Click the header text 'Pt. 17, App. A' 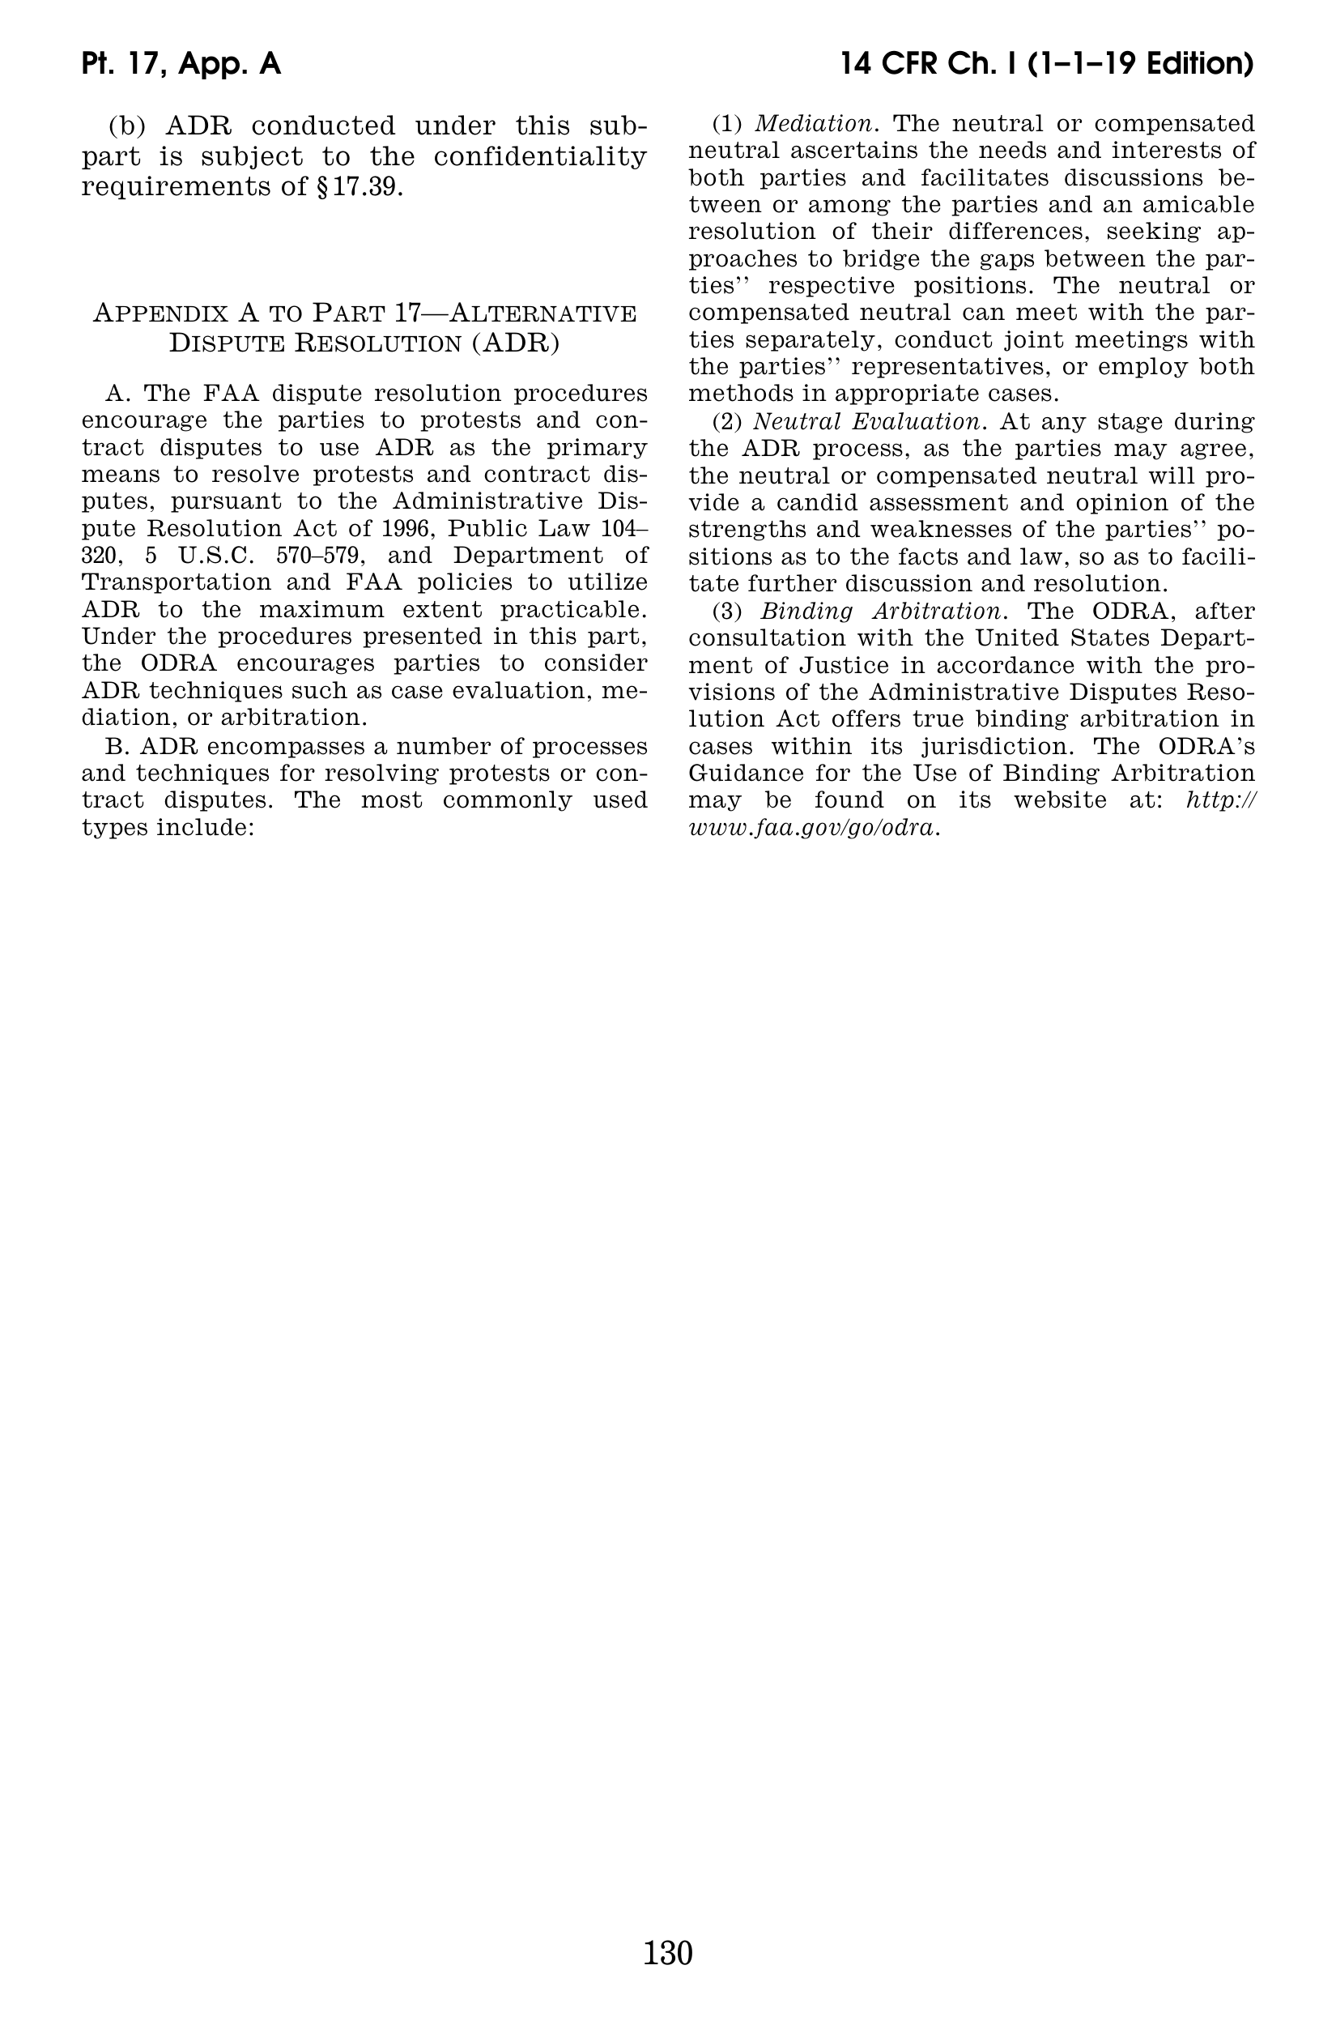181,64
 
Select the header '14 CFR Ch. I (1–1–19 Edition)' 1046,64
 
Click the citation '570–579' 314,556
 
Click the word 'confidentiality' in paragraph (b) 539,157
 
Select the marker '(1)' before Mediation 728,124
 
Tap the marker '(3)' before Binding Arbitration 728,611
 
